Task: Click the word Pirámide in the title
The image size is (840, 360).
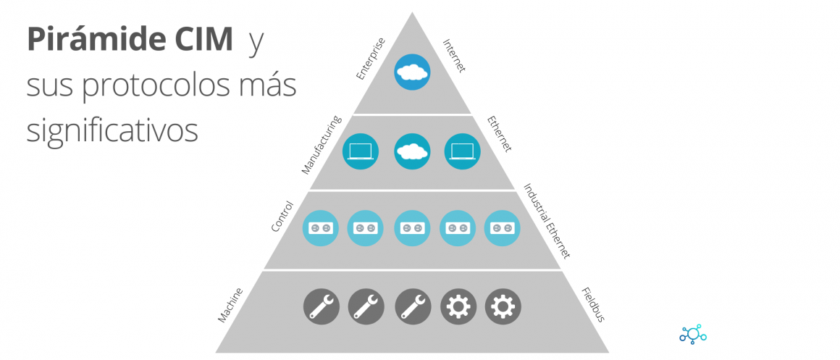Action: point(92,40)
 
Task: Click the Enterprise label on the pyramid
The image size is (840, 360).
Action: point(371,58)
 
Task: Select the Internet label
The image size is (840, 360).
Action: point(454,55)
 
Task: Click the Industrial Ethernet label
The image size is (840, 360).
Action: point(547,220)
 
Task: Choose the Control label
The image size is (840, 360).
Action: point(282,216)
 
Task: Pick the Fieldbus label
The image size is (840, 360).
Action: point(592,304)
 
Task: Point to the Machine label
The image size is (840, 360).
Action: point(230,305)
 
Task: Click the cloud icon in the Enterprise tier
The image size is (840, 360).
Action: point(413,72)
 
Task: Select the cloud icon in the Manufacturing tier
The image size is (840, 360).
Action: point(413,151)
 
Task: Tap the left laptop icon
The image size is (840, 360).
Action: point(361,151)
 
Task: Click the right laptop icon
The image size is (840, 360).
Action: point(462,151)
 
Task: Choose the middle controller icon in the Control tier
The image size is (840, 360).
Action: point(413,227)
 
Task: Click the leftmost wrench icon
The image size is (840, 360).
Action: point(321,306)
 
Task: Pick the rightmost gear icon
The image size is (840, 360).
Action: point(503,306)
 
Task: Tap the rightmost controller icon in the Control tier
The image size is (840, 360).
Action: point(503,227)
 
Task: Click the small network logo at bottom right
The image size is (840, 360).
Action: point(692,334)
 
